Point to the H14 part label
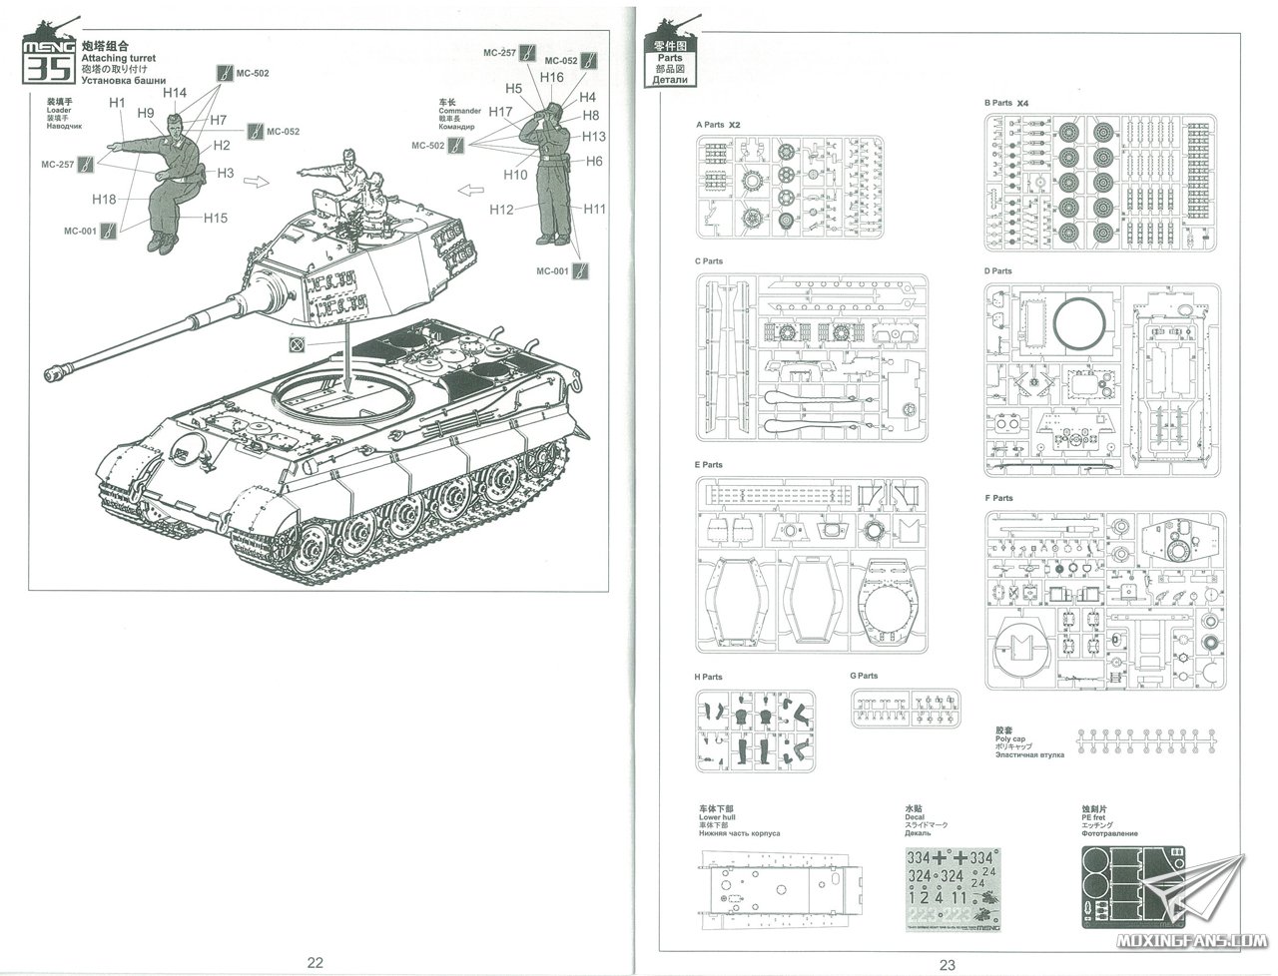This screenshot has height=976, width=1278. point(175,93)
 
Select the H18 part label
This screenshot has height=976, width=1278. point(104,199)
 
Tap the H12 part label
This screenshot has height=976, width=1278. point(501,209)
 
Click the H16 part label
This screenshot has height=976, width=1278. point(551,78)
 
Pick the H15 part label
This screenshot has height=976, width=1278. point(216,218)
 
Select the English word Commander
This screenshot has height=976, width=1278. point(459,111)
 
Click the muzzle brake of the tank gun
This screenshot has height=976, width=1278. point(57,374)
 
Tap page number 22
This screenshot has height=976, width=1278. point(315,963)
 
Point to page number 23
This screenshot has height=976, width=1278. point(947,963)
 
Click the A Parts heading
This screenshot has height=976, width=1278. point(710,126)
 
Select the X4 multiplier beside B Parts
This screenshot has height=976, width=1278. point(1022,103)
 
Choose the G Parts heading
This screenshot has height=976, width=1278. point(864,676)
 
